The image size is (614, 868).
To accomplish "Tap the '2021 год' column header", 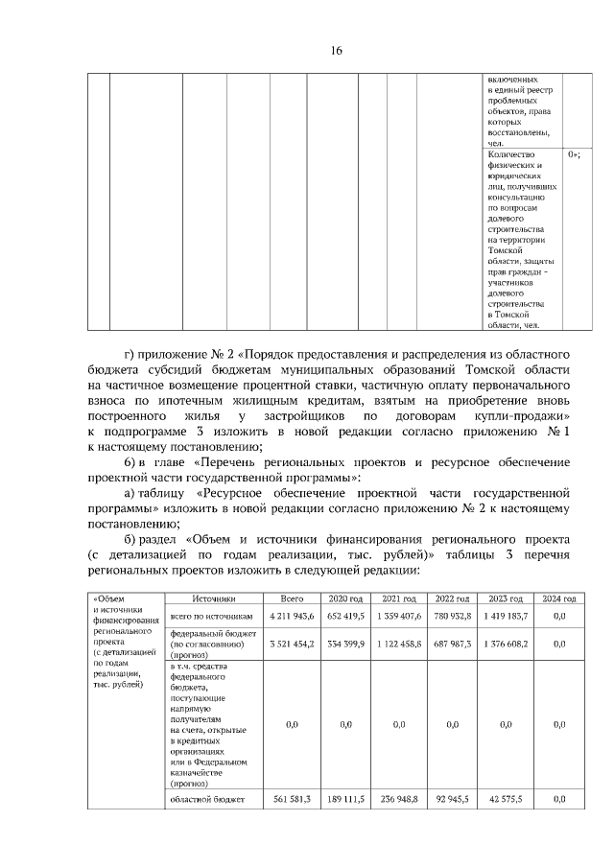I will tap(398, 598).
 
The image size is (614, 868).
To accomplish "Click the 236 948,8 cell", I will tap(400, 798).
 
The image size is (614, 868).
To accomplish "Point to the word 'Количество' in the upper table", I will tap(509, 153).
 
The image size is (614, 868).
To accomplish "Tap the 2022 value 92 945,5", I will tap(453, 798).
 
